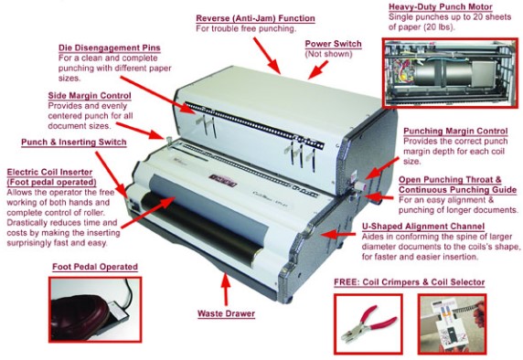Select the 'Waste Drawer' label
coord(226,314)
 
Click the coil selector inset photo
coord(453,324)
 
